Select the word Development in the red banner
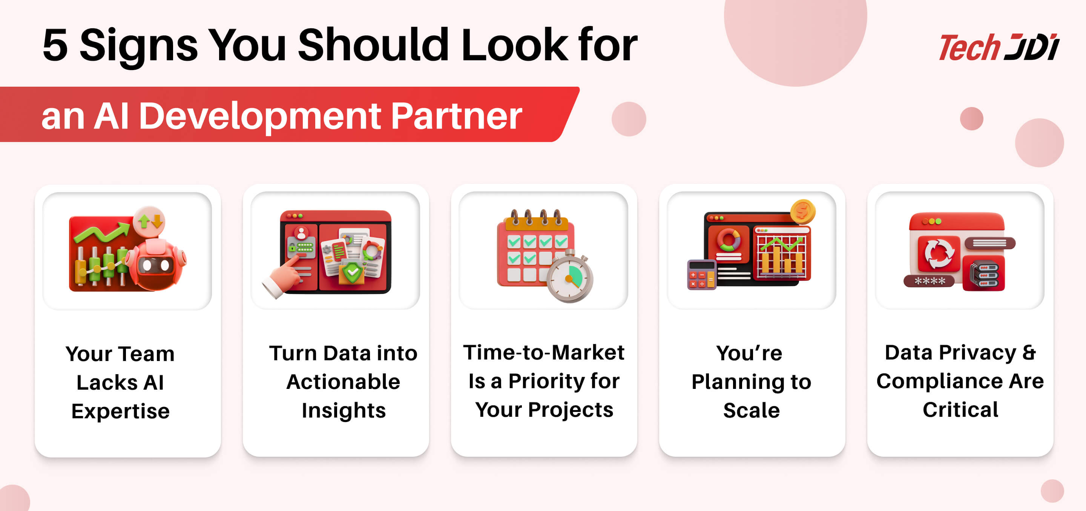[260, 117]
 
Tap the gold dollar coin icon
[802, 211]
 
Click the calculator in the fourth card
[701, 275]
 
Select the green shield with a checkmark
[352, 272]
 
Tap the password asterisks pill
[929, 281]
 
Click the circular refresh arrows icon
[939, 254]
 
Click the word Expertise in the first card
[121, 412]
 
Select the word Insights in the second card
[344, 411]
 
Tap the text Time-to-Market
[544, 352]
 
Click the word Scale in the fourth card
[751, 411]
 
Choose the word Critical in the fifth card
[960, 410]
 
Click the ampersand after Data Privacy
[1029, 352]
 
